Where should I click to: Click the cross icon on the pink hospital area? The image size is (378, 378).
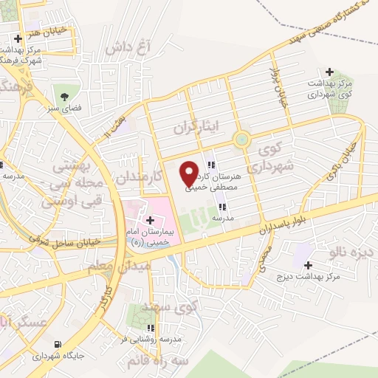pos(150,219)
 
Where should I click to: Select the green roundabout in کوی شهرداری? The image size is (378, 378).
pos(241,140)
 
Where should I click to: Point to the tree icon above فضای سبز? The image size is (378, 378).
pos(65,96)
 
